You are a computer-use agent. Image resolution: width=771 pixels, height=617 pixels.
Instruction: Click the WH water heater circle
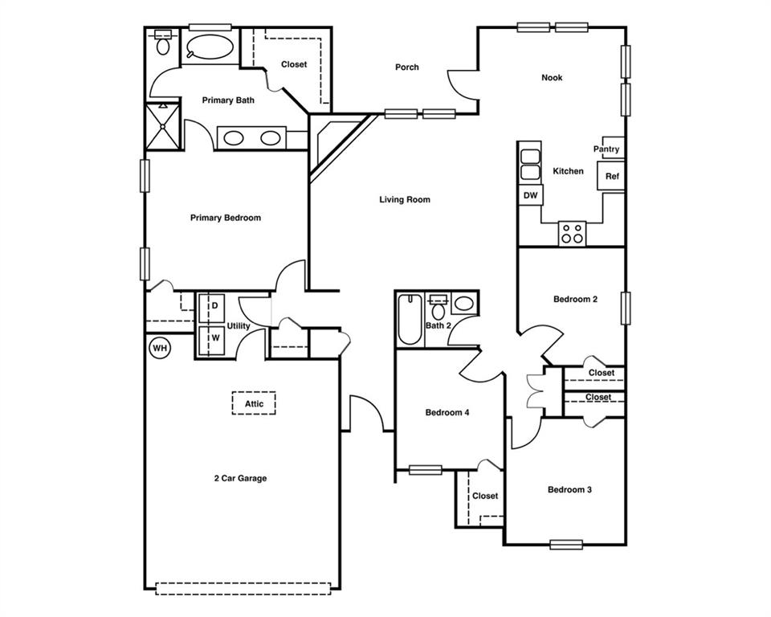point(160,348)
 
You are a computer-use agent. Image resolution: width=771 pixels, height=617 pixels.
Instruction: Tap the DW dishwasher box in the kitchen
point(530,195)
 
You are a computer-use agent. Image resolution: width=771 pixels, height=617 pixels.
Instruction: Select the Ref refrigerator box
point(612,176)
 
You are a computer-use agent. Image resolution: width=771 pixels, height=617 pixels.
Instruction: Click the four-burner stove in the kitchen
point(573,233)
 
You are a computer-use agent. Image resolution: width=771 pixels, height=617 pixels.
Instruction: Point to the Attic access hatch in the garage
point(254,402)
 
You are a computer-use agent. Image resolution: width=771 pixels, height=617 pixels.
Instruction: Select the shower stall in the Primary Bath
point(163,126)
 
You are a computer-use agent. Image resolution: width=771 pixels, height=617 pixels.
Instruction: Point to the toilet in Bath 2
point(439,308)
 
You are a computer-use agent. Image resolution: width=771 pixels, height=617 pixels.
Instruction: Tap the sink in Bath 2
point(464,304)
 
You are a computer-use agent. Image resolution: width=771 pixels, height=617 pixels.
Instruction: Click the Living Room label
point(405,200)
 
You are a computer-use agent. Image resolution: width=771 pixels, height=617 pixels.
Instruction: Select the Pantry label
point(606,149)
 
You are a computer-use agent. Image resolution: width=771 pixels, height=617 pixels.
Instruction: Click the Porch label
point(407,67)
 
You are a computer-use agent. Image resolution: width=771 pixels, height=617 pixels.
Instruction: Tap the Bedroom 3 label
point(569,490)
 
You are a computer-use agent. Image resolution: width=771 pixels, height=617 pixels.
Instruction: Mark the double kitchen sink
point(530,165)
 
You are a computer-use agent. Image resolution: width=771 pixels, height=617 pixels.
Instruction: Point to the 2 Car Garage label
point(240,479)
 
